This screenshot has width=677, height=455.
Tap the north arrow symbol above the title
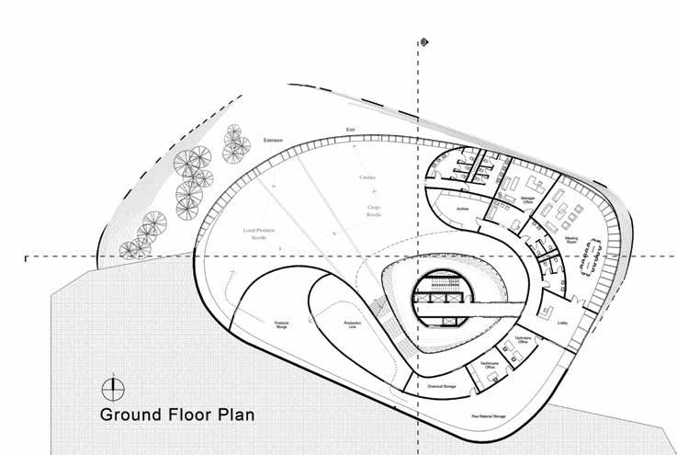tap(112, 386)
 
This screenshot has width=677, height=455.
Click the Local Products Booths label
tap(259, 232)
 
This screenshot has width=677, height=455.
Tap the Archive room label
tap(463, 210)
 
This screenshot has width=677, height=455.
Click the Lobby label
tap(562, 324)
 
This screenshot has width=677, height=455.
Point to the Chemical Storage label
tap(442, 387)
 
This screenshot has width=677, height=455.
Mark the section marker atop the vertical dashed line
tap(422, 43)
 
